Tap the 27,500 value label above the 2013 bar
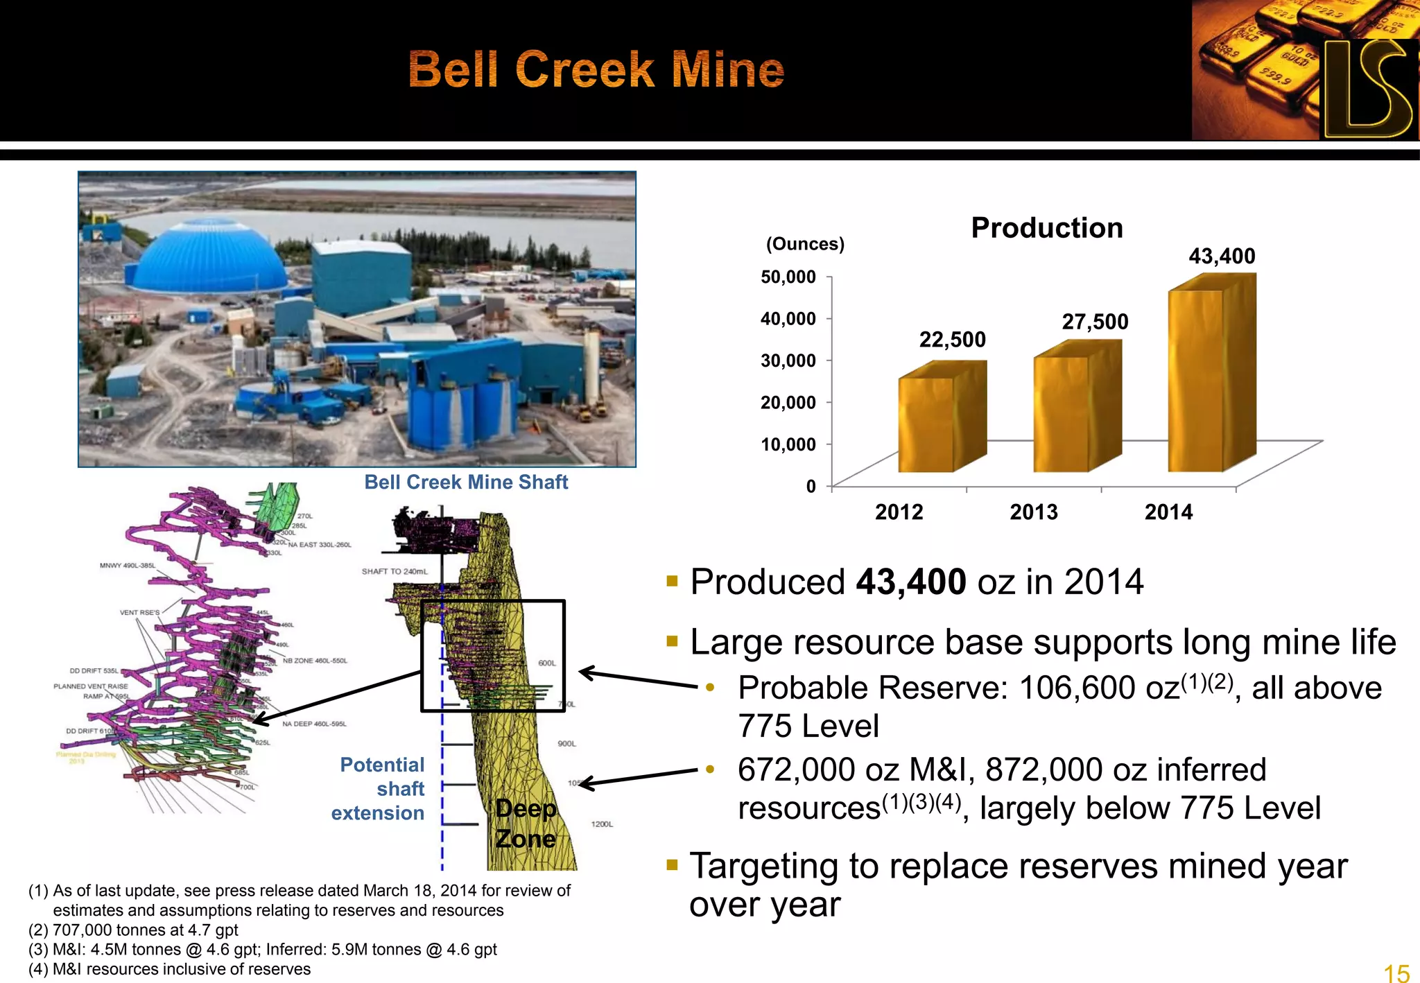1095,322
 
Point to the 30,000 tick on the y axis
788,360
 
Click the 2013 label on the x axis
1033,512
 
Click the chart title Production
1046,228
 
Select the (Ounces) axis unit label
805,244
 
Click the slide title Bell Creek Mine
596,69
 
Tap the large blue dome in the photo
208,256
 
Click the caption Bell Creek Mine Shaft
466,482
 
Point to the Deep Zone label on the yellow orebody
526,824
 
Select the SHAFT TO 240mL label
395,572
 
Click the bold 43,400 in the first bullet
910,582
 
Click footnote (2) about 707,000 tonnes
133,930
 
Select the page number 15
1396,973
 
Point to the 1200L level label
602,824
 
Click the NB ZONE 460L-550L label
315,661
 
